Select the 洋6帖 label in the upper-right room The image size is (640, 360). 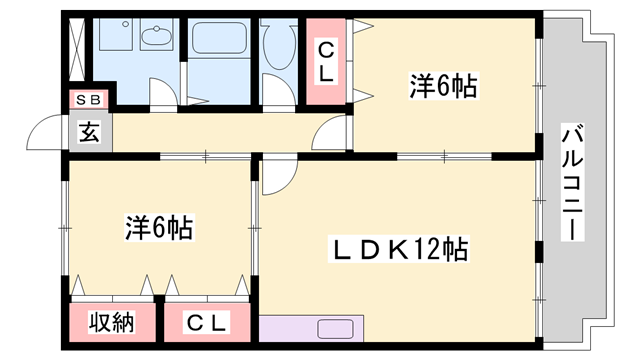click(x=441, y=87)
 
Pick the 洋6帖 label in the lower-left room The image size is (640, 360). click(x=158, y=227)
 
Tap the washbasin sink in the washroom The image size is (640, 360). click(x=156, y=39)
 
